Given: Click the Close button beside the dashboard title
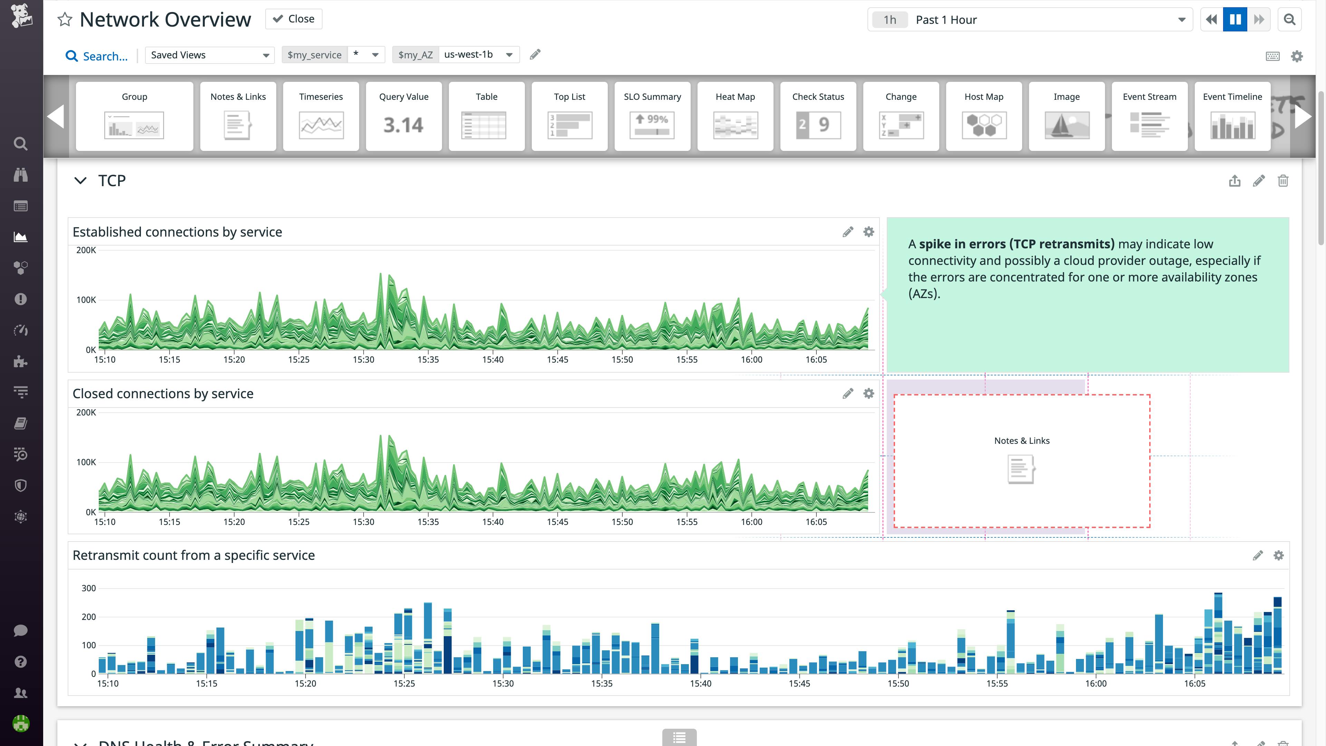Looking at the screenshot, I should coord(294,19).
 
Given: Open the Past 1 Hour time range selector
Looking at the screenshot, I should coord(1029,20).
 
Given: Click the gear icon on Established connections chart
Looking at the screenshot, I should coord(869,232).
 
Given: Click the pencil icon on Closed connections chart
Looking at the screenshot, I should coord(848,394).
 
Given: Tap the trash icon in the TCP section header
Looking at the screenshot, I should coord(1283,181).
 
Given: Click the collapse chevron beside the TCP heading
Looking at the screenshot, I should coord(80,181).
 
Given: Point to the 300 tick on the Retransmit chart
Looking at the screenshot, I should coord(88,588).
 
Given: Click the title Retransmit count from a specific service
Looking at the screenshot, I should coord(193,555).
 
